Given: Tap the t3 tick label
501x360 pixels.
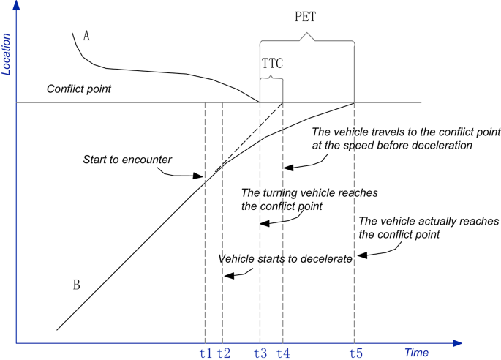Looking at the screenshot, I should coord(260,353).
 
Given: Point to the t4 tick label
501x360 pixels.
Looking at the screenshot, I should coord(284,353).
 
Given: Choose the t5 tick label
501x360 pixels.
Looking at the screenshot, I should coord(355,353).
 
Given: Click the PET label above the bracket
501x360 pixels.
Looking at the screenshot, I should coord(306,17).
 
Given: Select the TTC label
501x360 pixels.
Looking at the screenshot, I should coord(271,64).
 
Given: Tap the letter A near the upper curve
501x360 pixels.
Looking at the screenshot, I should coord(86,37).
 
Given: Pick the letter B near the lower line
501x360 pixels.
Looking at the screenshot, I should coord(75,285).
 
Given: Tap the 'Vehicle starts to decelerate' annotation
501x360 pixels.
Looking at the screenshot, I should coord(286,258).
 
